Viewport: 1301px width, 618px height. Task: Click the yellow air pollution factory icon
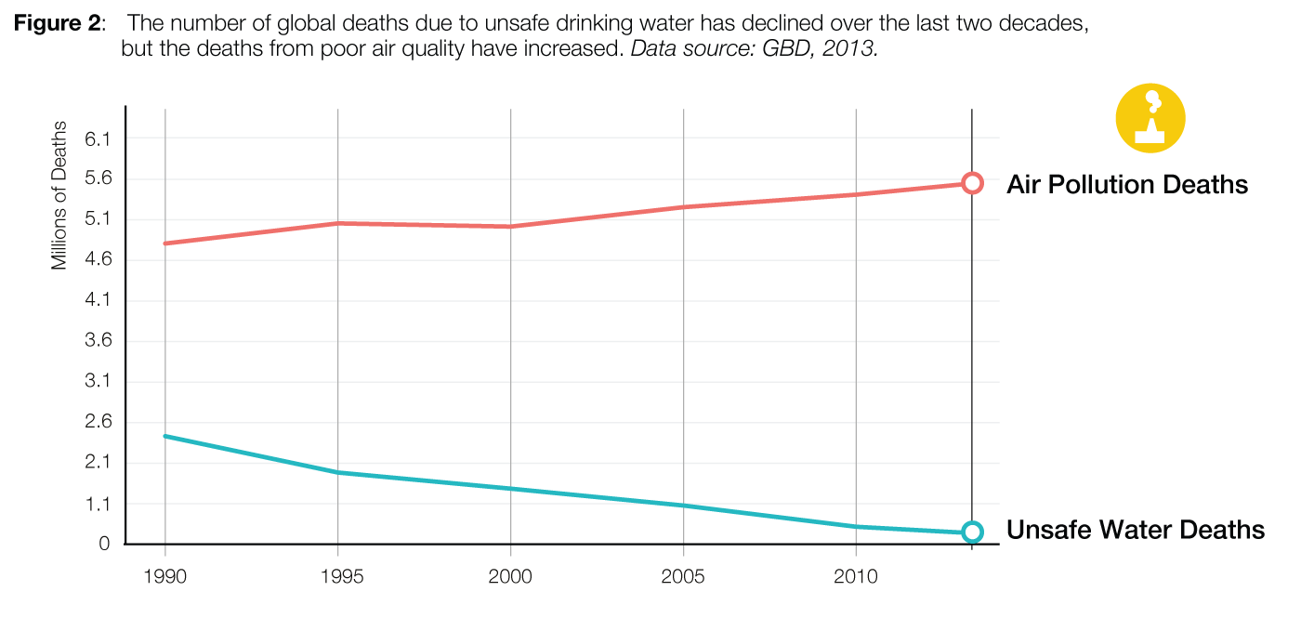point(1150,118)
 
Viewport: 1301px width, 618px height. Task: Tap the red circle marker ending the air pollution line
point(972,183)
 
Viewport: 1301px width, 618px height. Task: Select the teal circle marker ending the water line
point(972,532)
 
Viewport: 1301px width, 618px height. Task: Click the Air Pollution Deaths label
point(1126,184)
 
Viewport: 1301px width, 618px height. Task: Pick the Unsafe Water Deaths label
point(1135,530)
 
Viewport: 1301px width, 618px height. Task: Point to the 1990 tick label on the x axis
point(164,577)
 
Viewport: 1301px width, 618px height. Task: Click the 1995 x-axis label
point(337,577)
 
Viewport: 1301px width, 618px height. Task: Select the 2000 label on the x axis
point(510,577)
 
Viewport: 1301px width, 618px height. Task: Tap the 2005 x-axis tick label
point(683,577)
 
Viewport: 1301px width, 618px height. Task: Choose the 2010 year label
point(856,577)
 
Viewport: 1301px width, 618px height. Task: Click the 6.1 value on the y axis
point(97,139)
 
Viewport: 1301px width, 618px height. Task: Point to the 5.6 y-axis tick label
point(97,179)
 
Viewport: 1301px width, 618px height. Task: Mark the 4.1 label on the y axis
point(97,300)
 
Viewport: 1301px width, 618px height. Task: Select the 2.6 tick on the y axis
point(97,422)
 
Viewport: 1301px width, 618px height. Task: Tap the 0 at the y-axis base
point(105,544)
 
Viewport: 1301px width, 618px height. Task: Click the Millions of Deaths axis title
point(59,195)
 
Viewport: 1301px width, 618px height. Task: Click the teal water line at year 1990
point(165,436)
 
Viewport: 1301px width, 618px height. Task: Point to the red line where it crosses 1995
point(337,223)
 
